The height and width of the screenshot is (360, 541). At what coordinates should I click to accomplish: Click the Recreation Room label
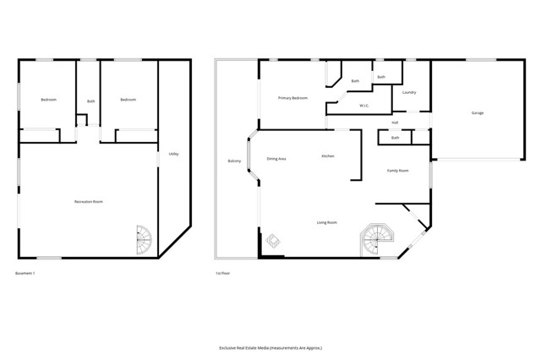(x=89, y=202)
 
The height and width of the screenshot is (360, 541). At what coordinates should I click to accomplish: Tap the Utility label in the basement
(x=173, y=154)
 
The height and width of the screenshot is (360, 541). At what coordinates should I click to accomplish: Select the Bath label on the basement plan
(x=90, y=102)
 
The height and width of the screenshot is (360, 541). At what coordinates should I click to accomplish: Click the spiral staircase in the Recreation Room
(x=145, y=238)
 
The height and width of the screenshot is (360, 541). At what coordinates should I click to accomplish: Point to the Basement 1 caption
(x=26, y=273)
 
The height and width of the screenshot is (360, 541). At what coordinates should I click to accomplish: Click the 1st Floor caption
(x=223, y=273)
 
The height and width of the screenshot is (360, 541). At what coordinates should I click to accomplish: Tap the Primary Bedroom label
(x=292, y=98)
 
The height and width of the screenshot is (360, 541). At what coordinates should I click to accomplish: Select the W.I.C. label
(x=363, y=106)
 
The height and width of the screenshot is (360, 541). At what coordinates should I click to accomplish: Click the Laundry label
(x=409, y=92)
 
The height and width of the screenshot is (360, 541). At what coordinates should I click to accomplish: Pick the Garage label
(x=478, y=113)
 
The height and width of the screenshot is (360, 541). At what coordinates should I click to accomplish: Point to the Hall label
(x=395, y=123)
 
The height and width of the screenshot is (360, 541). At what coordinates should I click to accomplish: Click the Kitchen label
(x=328, y=156)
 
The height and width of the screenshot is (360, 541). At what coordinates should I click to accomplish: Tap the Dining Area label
(x=276, y=159)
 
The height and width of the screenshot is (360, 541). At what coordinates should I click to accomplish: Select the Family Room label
(x=398, y=171)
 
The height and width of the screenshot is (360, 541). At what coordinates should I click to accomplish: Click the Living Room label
(x=327, y=222)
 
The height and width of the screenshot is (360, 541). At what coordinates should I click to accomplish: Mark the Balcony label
(x=235, y=161)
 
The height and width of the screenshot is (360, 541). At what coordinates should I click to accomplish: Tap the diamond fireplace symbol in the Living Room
(x=274, y=241)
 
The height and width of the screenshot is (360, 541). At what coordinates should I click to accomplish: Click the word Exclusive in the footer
(x=231, y=347)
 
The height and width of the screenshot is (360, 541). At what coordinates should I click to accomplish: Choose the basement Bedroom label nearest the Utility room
(x=128, y=100)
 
